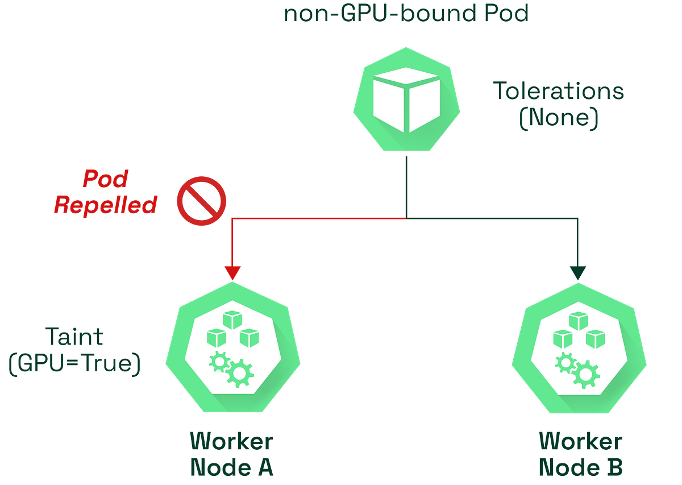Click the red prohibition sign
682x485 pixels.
[202, 201]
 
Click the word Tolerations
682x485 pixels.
[558, 91]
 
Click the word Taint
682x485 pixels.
[74, 337]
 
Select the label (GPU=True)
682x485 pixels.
[74, 363]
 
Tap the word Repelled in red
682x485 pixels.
[106, 205]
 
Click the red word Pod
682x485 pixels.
[106, 179]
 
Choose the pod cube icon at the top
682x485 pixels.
[406, 100]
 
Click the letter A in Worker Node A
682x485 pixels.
[266, 467]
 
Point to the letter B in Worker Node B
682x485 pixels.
[615, 467]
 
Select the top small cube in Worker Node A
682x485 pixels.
[232, 320]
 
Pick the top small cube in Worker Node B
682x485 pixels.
[579, 321]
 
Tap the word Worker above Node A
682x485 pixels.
[232, 441]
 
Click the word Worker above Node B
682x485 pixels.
[581, 441]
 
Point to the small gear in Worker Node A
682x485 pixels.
[219, 362]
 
